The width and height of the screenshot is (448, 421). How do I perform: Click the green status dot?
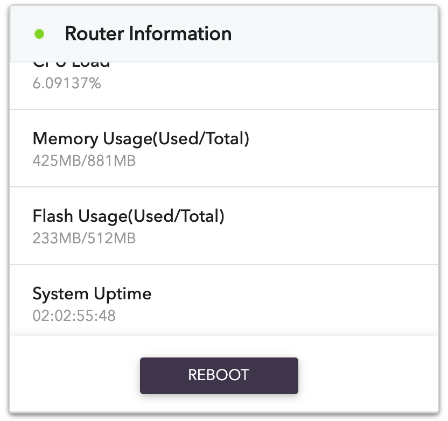coord(39,34)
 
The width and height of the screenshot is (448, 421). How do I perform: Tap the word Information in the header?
coord(180,33)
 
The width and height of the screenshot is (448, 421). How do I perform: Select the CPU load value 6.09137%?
coord(67,83)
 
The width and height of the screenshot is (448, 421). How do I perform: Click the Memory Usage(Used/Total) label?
coord(141,139)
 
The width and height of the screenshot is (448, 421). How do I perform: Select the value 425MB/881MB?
coord(84,160)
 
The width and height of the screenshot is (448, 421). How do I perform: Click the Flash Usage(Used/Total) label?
coord(128,216)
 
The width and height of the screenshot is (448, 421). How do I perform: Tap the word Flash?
coord(53,216)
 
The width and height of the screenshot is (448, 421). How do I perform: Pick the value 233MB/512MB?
coord(84,238)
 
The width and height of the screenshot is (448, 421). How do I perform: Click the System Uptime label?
coord(92,294)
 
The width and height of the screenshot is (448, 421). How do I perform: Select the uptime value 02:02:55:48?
coord(74,315)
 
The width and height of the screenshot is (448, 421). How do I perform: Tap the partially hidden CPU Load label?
coord(72,64)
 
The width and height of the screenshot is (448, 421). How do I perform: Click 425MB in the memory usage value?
coord(55,160)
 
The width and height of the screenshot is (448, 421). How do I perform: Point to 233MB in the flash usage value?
coord(55,238)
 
